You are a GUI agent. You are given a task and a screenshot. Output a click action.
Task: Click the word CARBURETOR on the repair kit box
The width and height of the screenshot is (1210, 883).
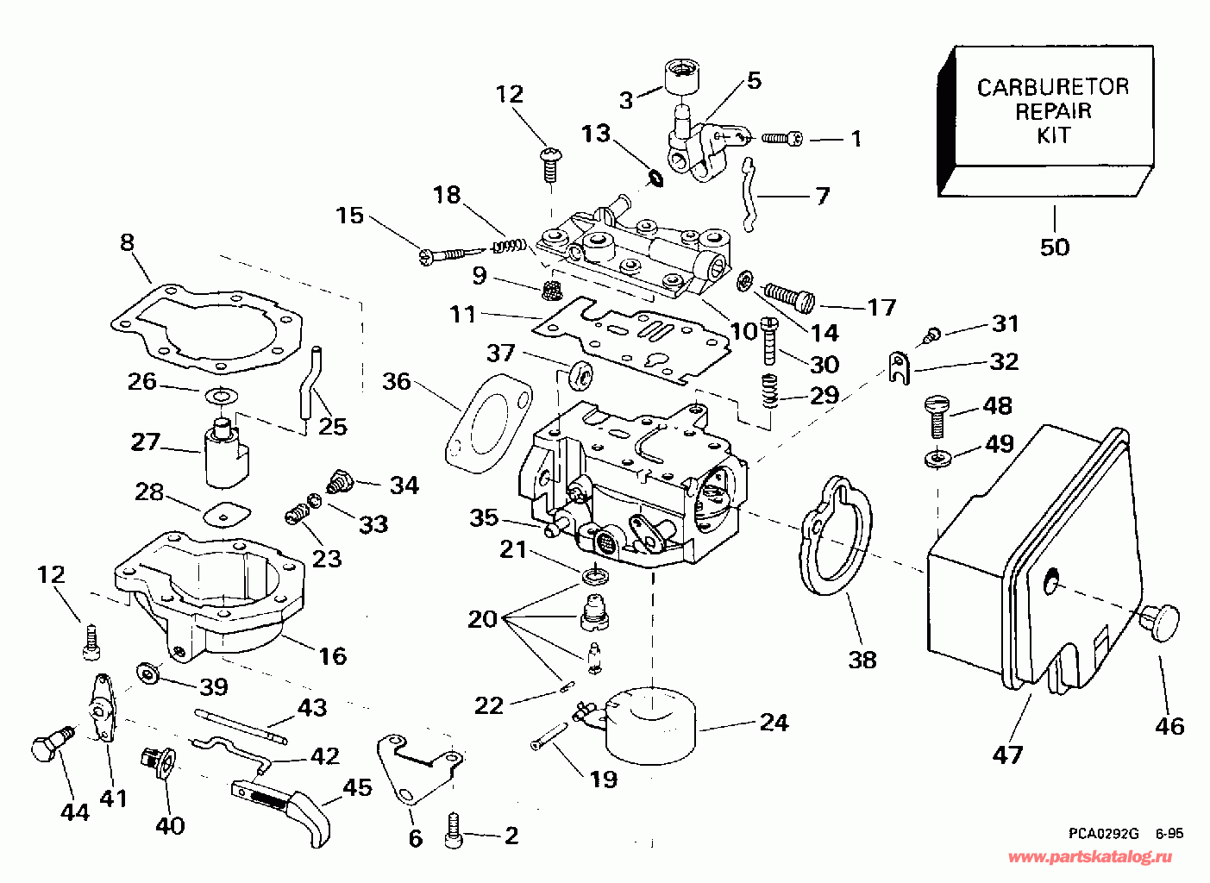click(1052, 87)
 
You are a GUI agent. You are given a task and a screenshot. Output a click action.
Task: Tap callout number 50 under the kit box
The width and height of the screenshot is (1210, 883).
click(1054, 247)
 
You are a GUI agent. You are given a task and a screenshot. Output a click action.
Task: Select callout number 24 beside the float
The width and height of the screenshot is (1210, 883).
click(774, 723)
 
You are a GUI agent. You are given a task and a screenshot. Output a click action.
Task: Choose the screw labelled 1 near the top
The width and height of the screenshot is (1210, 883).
click(784, 138)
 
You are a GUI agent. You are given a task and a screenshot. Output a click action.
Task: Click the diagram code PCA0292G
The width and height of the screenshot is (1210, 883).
click(1103, 834)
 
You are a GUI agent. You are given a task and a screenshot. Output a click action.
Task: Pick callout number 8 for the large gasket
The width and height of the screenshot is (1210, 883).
click(128, 243)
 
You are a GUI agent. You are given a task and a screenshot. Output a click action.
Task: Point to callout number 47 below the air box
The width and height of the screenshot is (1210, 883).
click(1007, 755)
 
